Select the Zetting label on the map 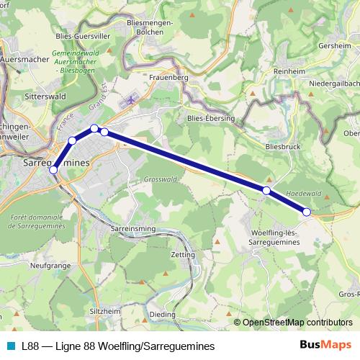point(183,255)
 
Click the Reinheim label point(290,71)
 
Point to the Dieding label point(163,314)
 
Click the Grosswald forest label point(160,179)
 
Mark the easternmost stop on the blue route point(307,212)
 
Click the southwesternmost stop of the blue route point(53,170)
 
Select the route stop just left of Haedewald point(266,190)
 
